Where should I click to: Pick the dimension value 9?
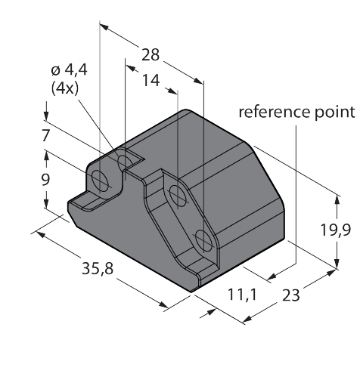[45, 179]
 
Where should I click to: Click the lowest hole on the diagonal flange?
[203, 241]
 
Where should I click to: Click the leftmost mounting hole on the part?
[99, 179]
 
